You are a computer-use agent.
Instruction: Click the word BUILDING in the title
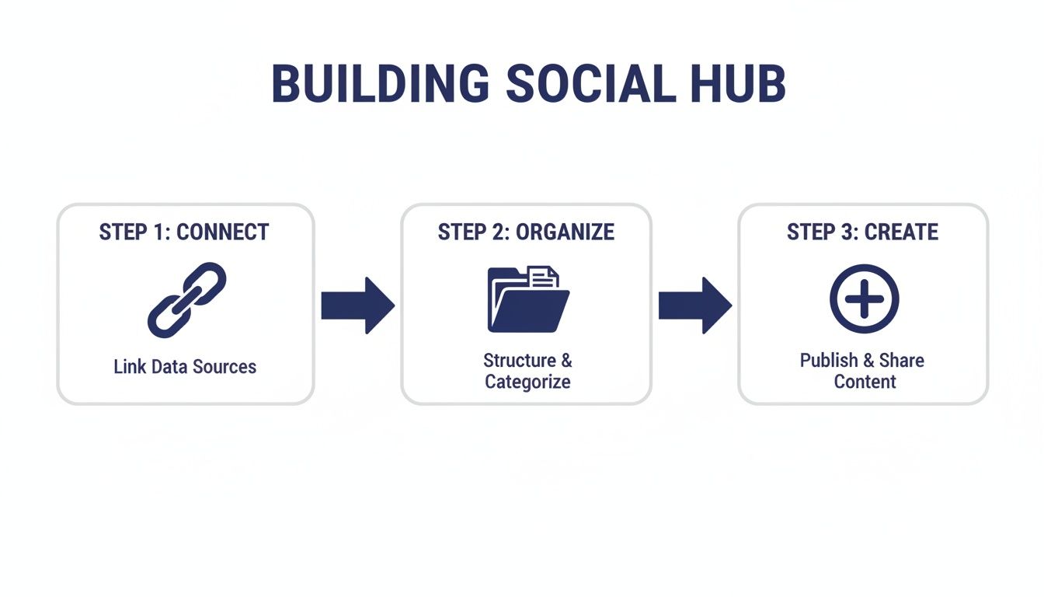380,85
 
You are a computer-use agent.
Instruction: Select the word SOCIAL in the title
591,85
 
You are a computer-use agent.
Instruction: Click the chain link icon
186,300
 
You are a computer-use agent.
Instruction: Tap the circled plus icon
864,299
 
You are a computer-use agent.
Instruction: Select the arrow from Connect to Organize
357,305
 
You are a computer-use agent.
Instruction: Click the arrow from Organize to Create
694,305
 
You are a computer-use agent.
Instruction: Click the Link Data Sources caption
185,366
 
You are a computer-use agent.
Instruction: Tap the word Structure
519,361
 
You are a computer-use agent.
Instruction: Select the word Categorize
527,382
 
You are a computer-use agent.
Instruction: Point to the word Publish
828,361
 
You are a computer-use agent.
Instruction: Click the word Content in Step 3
865,382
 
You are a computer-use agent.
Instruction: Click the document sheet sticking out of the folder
544,277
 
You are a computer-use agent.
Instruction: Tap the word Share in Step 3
902,361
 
